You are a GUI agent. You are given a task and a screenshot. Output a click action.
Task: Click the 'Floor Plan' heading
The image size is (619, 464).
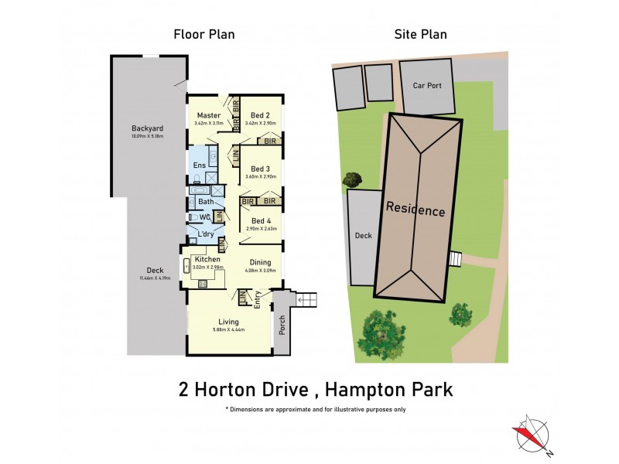tap(204, 34)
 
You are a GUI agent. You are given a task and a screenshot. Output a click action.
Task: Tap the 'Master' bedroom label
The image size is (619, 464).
tap(209, 115)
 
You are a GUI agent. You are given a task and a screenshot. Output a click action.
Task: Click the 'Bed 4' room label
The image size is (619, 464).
tap(262, 220)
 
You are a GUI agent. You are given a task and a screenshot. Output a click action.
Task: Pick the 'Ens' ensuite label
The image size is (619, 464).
tap(199, 165)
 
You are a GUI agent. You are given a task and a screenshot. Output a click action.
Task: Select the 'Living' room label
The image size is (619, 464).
tap(228, 321)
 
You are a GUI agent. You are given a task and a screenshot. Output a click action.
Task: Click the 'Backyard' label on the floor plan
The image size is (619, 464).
tap(146, 129)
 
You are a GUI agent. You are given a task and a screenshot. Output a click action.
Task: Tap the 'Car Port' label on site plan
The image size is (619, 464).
tap(427, 86)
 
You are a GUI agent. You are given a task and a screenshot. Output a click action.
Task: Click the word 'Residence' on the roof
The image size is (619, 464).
tap(416, 209)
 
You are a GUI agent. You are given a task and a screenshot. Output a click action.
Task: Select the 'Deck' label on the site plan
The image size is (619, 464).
tap(362, 235)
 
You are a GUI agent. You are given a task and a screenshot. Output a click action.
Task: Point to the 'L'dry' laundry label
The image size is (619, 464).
tap(205, 234)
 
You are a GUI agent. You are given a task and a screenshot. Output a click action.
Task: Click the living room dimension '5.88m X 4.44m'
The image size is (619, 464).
tap(228, 329)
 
